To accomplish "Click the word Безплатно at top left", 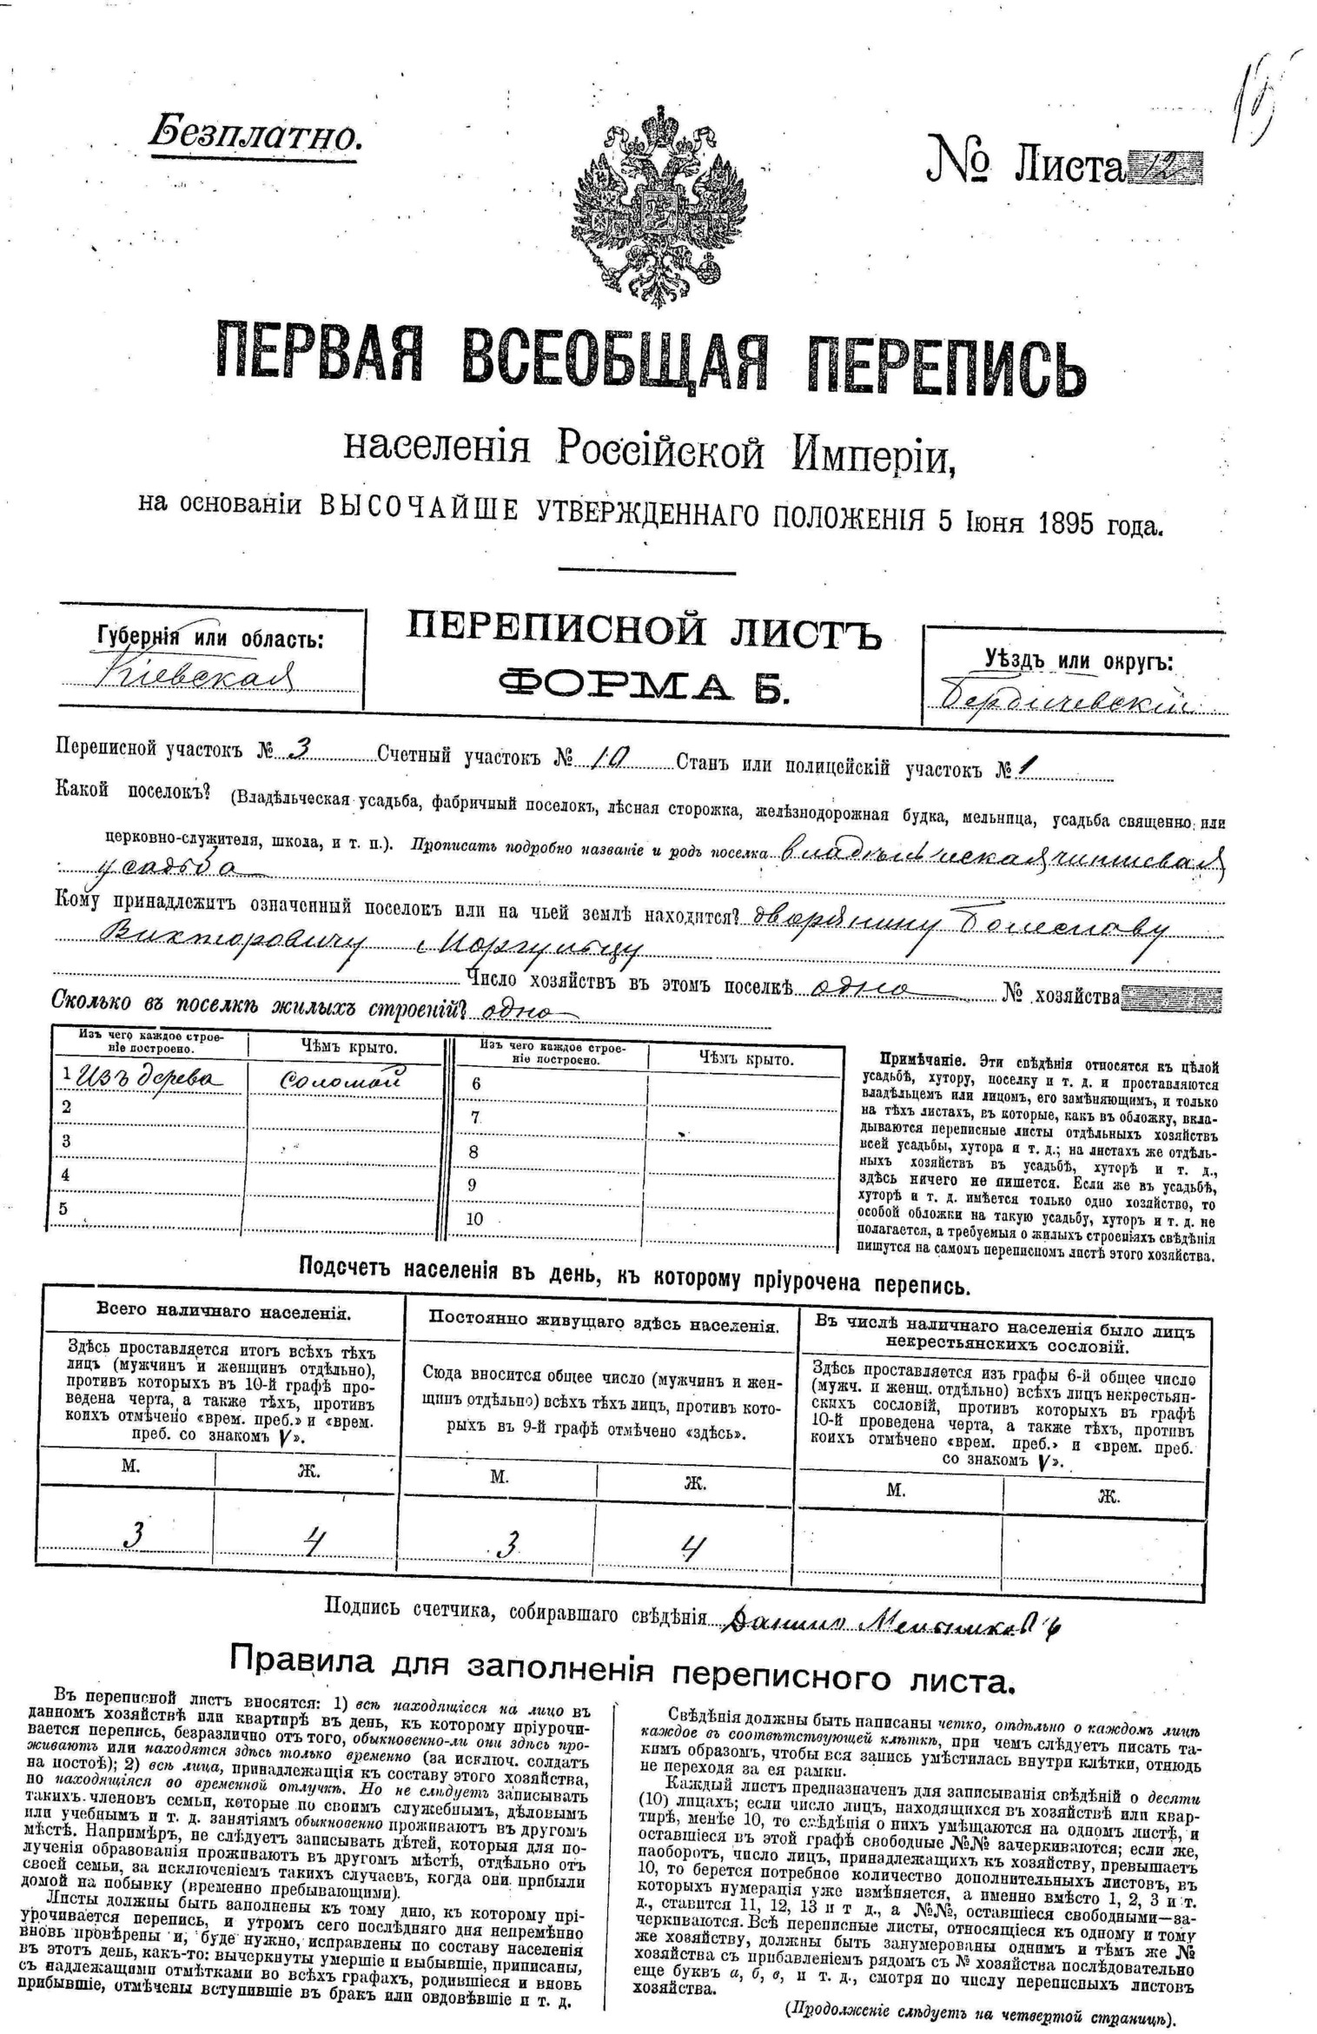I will point(255,135).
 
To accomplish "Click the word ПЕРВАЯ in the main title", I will point(319,356).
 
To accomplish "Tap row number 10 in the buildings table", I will point(474,1218).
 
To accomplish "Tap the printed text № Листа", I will point(1026,161).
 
